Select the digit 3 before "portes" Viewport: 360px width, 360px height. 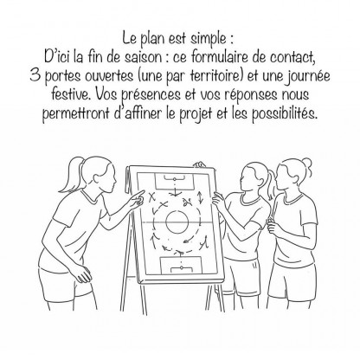35,76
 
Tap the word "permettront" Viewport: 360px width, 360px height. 76,114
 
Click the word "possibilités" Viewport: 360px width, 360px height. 285,114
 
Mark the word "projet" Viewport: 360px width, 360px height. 196,114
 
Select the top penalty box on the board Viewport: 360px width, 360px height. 175,181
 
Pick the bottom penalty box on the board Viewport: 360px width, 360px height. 181,266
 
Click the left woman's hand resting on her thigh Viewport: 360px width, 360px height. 81,273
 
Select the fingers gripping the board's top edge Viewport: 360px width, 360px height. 199,164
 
